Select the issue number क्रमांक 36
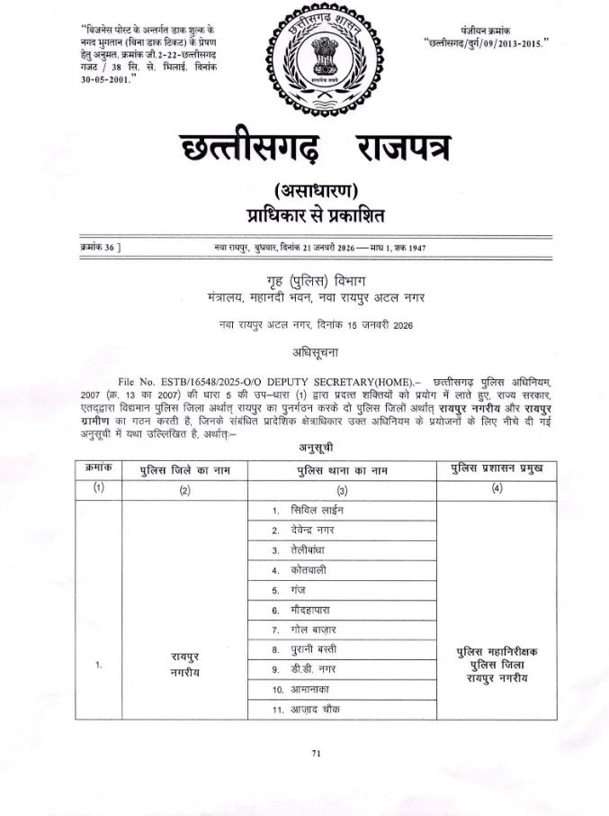pos(100,246)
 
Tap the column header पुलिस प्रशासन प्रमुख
pos(495,469)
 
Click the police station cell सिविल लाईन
pos(318,510)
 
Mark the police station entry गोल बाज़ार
pos(317,629)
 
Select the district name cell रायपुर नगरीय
pos(183,665)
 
